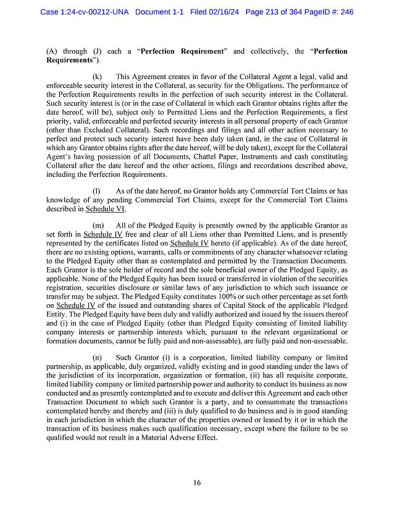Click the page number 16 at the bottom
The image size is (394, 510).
(197, 483)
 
